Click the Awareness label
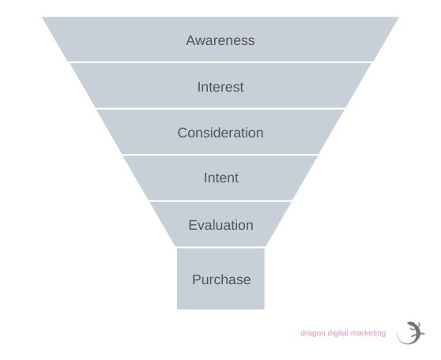click(220, 40)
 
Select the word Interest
click(220, 87)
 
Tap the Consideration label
click(220, 133)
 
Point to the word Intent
click(221, 178)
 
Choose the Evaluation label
click(220, 225)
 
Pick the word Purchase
click(221, 279)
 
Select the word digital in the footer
click(337, 333)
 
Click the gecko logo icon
click(411, 333)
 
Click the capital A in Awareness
click(190, 40)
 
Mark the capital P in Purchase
click(196, 279)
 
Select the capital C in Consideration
click(183, 133)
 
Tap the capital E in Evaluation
click(193, 225)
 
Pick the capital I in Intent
click(205, 178)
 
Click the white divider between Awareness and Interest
click(220, 62)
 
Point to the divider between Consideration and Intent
click(220, 155)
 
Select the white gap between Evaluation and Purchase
click(220, 247)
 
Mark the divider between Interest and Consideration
click(220, 108)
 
